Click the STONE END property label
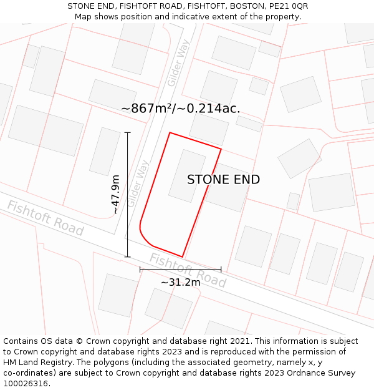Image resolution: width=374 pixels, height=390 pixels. pos(223,180)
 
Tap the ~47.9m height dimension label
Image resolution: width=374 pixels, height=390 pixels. pos(116,195)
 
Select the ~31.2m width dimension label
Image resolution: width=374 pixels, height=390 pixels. pos(181,282)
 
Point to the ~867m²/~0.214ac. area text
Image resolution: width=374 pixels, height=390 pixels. pos(180,109)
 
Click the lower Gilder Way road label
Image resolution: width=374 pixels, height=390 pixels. pos(138,184)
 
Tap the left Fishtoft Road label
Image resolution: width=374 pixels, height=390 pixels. pos(45,218)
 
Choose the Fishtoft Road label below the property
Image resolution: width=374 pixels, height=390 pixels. pos(187,270)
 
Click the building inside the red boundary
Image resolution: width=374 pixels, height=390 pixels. pos(187,175)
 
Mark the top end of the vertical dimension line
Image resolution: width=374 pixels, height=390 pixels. pos(128,132)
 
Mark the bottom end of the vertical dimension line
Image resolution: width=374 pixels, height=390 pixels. pos(128,256)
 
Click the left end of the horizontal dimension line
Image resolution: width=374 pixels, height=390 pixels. pos(140,270)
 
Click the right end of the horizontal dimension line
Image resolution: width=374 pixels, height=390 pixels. pos(221,270)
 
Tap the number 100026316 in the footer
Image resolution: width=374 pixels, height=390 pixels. pos(26,384)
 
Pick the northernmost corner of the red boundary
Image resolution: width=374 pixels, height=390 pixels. pos(170,132)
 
